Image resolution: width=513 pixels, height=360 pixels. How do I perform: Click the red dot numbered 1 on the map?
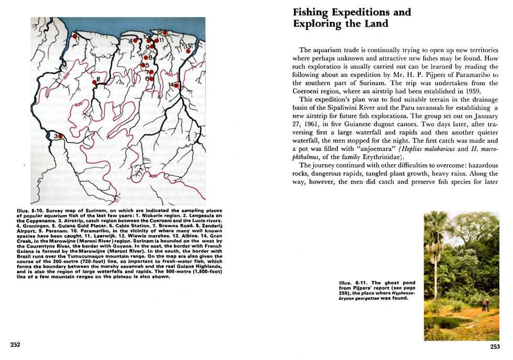pos(75,36)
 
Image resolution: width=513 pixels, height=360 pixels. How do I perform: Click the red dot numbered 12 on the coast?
pos(165,33)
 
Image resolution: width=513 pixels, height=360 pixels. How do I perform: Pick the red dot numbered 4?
pos(135,40)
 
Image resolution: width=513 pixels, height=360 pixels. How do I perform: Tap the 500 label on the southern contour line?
pos(151,177)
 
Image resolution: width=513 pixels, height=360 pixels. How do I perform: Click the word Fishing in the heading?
pos(313,12)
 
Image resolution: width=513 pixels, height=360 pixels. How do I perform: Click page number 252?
pos(15,344)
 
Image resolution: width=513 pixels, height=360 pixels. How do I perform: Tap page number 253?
pos(495,346)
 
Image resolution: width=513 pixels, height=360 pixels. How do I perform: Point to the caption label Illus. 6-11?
pos(351,283)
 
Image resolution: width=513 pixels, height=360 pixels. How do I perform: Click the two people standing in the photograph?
pos(485,305)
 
